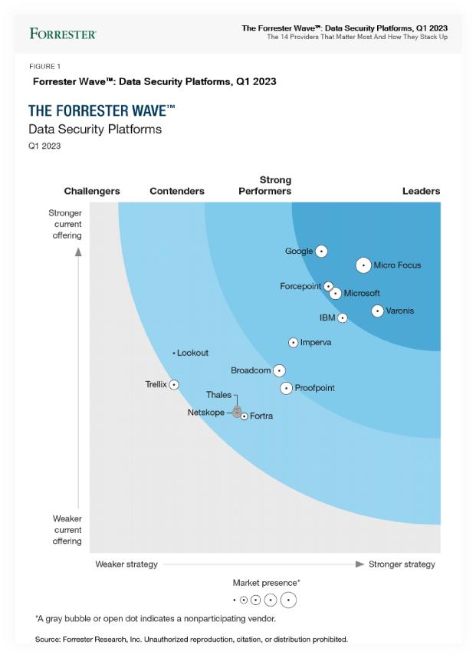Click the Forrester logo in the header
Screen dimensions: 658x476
(63, 34)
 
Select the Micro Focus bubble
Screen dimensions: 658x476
(363, 265)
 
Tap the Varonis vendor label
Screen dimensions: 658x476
(399, 311)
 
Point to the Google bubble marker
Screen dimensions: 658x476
(321, 251)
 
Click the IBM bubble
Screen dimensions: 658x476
(342, 317)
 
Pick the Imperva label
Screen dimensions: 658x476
(316, 342)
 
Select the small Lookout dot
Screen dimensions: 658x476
(174, 353)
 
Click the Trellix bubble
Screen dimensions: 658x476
(174, 384)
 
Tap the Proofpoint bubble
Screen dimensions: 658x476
(286, 388)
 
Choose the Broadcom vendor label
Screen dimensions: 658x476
(251, 370)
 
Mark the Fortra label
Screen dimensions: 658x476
(261, 416)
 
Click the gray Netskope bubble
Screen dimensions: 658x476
(238, 411)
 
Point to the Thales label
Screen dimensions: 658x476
(218, 395)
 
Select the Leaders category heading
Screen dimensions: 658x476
(421, 191)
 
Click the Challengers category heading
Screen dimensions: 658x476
(92, 191)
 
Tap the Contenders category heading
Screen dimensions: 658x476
(177, 191)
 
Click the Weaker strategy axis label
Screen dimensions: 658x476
(126, 564)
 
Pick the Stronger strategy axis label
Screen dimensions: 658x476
(402, 564)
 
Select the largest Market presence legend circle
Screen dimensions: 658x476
(288, 600)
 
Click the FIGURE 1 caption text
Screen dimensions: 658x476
(44, 67)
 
